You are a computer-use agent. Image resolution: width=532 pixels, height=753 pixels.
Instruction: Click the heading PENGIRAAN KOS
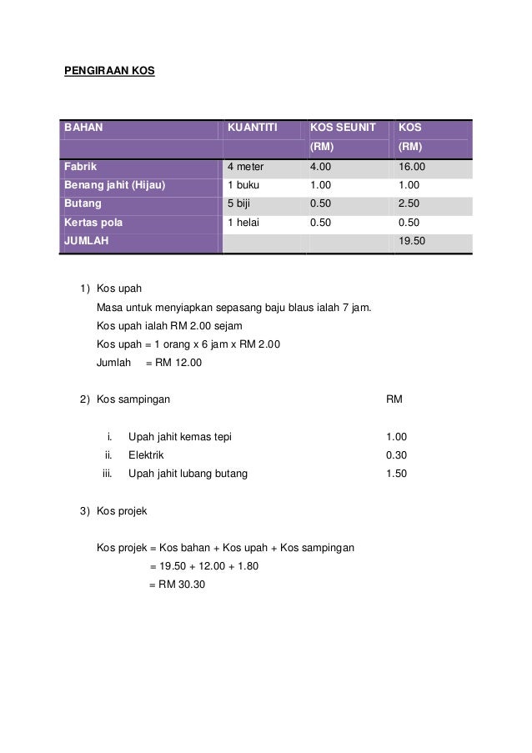(109, 71)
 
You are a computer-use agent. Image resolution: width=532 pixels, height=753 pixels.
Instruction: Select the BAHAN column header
(80, 129)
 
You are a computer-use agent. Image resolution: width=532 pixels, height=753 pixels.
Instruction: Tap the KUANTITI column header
(253, 129)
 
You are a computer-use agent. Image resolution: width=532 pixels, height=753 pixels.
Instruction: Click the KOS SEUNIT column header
(343, 129)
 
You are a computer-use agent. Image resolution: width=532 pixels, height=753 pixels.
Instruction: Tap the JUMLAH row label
(86, 241)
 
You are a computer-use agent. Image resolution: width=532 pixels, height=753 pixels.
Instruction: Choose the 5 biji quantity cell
(242, 203)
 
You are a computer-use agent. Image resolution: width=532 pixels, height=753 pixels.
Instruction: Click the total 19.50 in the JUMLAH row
(413, 241)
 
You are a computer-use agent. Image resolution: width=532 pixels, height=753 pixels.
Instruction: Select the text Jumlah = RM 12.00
(149, 363)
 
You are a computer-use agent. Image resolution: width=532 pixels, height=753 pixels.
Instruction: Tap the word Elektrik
(146, 455)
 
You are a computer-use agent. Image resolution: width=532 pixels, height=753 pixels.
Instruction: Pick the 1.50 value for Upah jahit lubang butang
(397, 474)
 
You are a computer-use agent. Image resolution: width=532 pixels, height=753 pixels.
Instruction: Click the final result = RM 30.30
(176, 585)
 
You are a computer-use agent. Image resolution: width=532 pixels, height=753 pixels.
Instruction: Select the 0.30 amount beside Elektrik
(397, 455)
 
